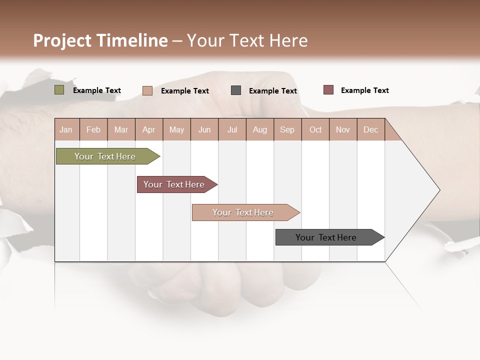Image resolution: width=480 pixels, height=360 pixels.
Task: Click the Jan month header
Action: click(x=66, y=129)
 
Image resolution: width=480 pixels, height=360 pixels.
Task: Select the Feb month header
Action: click(x=93, y=129)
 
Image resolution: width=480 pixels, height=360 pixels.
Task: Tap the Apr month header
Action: click(x=148, y=129)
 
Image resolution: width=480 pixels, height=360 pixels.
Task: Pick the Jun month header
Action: click(x=204, y=129)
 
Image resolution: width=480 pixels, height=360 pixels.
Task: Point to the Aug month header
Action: click(x=259, y=129)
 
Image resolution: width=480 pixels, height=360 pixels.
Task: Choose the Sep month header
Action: click(x=287, y=129)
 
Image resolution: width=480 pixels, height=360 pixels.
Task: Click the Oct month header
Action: click(x=315, y=129)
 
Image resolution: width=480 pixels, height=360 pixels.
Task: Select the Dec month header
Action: click(x=370, y=129)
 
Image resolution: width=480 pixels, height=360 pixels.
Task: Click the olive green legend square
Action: click(x=59, y=90)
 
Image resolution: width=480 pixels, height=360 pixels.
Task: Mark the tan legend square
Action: click(x=147, y=90)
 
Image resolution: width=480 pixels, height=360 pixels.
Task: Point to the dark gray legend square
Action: click(x=236, y=90)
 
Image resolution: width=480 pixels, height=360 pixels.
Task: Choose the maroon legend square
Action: click(x=328, y=90)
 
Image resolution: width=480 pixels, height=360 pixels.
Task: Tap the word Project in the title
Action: click(x=62, y=40)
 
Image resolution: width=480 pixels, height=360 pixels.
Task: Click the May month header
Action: click(x=176, y=129)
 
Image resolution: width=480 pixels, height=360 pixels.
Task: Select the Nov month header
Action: click(x=343, y=129)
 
